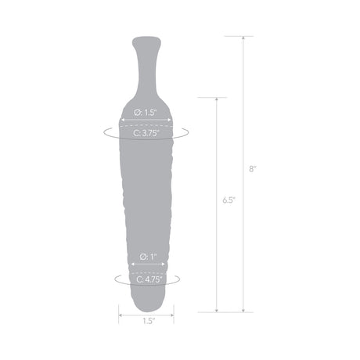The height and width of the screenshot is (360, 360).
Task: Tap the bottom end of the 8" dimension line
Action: pos(243,311)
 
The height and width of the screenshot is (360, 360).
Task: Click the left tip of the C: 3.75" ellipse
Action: pos(103,133)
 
